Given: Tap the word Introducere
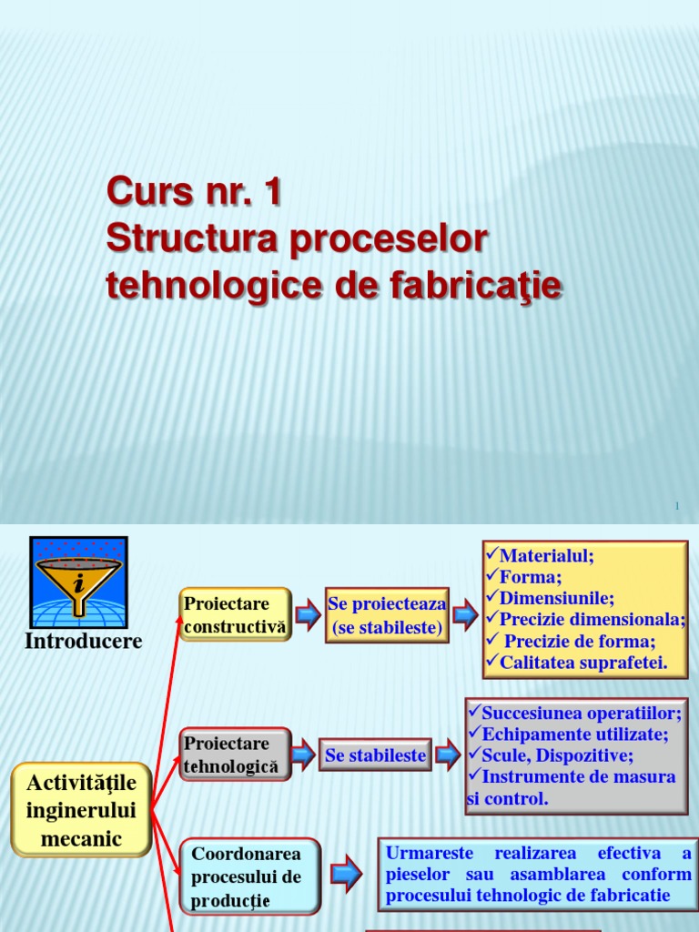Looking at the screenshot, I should (x=83, y=641).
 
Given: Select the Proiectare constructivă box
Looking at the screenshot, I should (x=235, y=614).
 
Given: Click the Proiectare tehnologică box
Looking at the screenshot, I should (x=235, y=755).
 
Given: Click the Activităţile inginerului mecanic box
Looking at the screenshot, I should (x=81, y=810).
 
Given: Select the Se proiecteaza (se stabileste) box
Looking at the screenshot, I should (x=387, y=615).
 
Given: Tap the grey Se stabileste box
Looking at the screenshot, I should (x=376, y=755).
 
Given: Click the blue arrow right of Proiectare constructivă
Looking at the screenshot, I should (x=308, y=615).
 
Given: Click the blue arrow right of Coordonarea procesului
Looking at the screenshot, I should (x=346, y=875).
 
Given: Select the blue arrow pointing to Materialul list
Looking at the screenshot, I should (x=464, y=615).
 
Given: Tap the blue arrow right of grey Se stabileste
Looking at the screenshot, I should (x=446, y=755).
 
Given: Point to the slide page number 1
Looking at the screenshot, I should (x=678, y=505).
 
